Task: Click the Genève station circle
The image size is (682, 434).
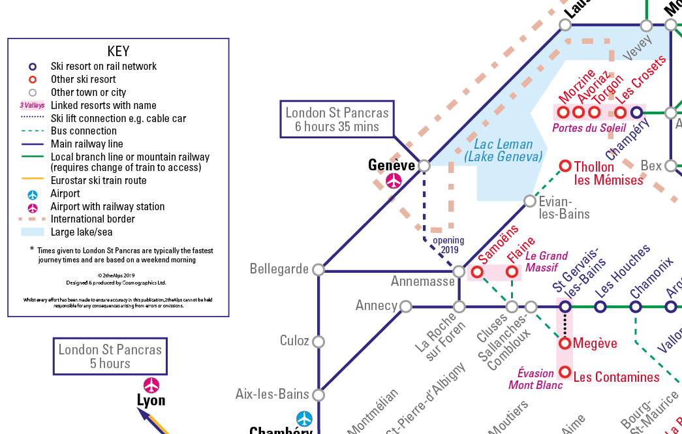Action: [424, 166]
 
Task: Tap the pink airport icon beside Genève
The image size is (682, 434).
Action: [394, 181]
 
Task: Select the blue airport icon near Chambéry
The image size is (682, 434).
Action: [304, 418]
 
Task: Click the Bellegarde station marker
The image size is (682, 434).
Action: [318, 270]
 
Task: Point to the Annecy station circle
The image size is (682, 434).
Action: [406, 306]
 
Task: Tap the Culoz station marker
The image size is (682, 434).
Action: [318, 341]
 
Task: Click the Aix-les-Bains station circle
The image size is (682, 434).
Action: [318, 395]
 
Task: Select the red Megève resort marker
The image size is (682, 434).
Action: [565, 343]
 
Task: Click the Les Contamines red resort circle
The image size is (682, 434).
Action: [565, 373]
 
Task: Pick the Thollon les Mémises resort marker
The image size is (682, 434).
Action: [565, 166]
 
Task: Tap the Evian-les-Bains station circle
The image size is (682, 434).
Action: [530, 201]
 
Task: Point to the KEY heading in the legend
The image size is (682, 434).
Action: [118, 51]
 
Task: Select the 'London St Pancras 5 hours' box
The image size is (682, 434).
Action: [110, 356]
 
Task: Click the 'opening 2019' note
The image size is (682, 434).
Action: [449, 245]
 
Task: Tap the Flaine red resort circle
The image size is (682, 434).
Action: [512, 271]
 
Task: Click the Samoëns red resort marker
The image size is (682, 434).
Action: [477, 271]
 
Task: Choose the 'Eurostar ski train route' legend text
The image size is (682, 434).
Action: [99, 180]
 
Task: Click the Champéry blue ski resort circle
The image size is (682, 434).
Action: [636, 112]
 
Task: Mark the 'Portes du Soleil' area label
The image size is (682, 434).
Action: [589, 128]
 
